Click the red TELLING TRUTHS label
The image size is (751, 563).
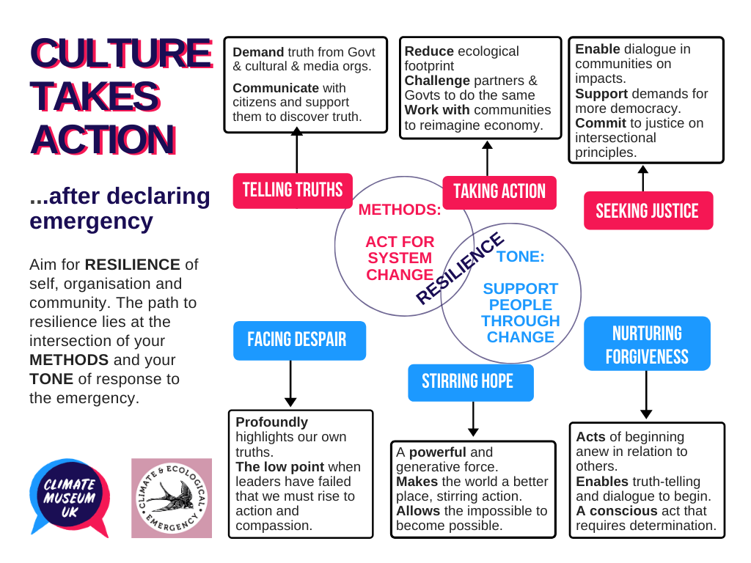coord(293,191)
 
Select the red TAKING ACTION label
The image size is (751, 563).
coord(499,192)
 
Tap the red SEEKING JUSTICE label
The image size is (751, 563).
coord(648,211)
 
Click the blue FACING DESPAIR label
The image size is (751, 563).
coord(298,340)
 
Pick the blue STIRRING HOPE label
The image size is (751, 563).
coord(470,382)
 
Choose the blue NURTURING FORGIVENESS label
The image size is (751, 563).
coord(647,344)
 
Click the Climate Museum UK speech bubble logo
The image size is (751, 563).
coord(70,497)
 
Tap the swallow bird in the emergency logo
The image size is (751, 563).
coord(172,498)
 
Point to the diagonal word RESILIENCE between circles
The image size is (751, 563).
coord(460,268)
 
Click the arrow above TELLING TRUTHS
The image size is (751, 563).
coord(296,152)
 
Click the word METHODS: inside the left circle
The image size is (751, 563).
coord(400,210)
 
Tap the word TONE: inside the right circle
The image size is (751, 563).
coord(520,257)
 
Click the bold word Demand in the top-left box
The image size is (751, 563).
coord(258,52)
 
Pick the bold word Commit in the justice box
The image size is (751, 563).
coord(597,122)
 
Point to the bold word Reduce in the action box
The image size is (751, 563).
coord(429,51)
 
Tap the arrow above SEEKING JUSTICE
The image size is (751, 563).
coord(643,178)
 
